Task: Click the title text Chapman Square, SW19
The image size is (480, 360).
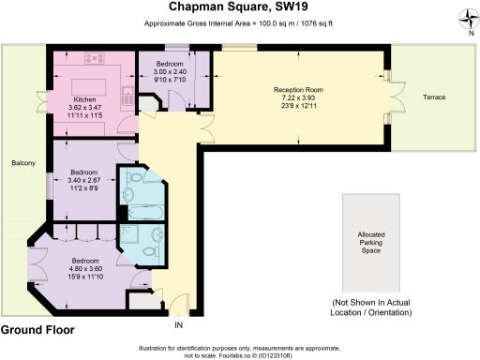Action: point(239,7)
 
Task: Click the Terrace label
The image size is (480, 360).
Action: point(434,97)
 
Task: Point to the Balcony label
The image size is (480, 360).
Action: point(23,164)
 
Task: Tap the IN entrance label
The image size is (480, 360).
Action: point(178,325)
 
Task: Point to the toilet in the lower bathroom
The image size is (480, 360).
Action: point(159,234)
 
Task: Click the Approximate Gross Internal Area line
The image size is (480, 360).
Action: point(239,23)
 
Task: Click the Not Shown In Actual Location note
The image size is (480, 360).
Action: point(372,307)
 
